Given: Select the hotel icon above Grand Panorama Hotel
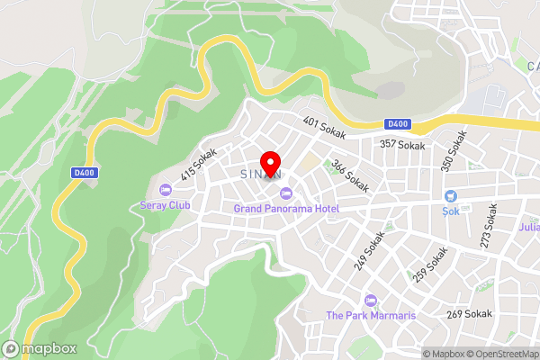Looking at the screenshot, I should coord(286,193).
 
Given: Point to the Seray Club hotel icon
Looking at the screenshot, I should coord(165,190).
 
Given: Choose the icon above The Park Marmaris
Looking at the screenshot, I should coord(369,300).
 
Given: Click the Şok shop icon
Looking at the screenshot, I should coord(451,197).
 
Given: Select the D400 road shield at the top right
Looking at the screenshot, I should coord(397,124).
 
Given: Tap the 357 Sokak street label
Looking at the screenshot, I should coord(401,144).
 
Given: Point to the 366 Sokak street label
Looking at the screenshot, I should coord(349,175).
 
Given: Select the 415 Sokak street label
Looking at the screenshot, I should coord(199,165).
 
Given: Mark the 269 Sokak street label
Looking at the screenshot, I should coord(469,314).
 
